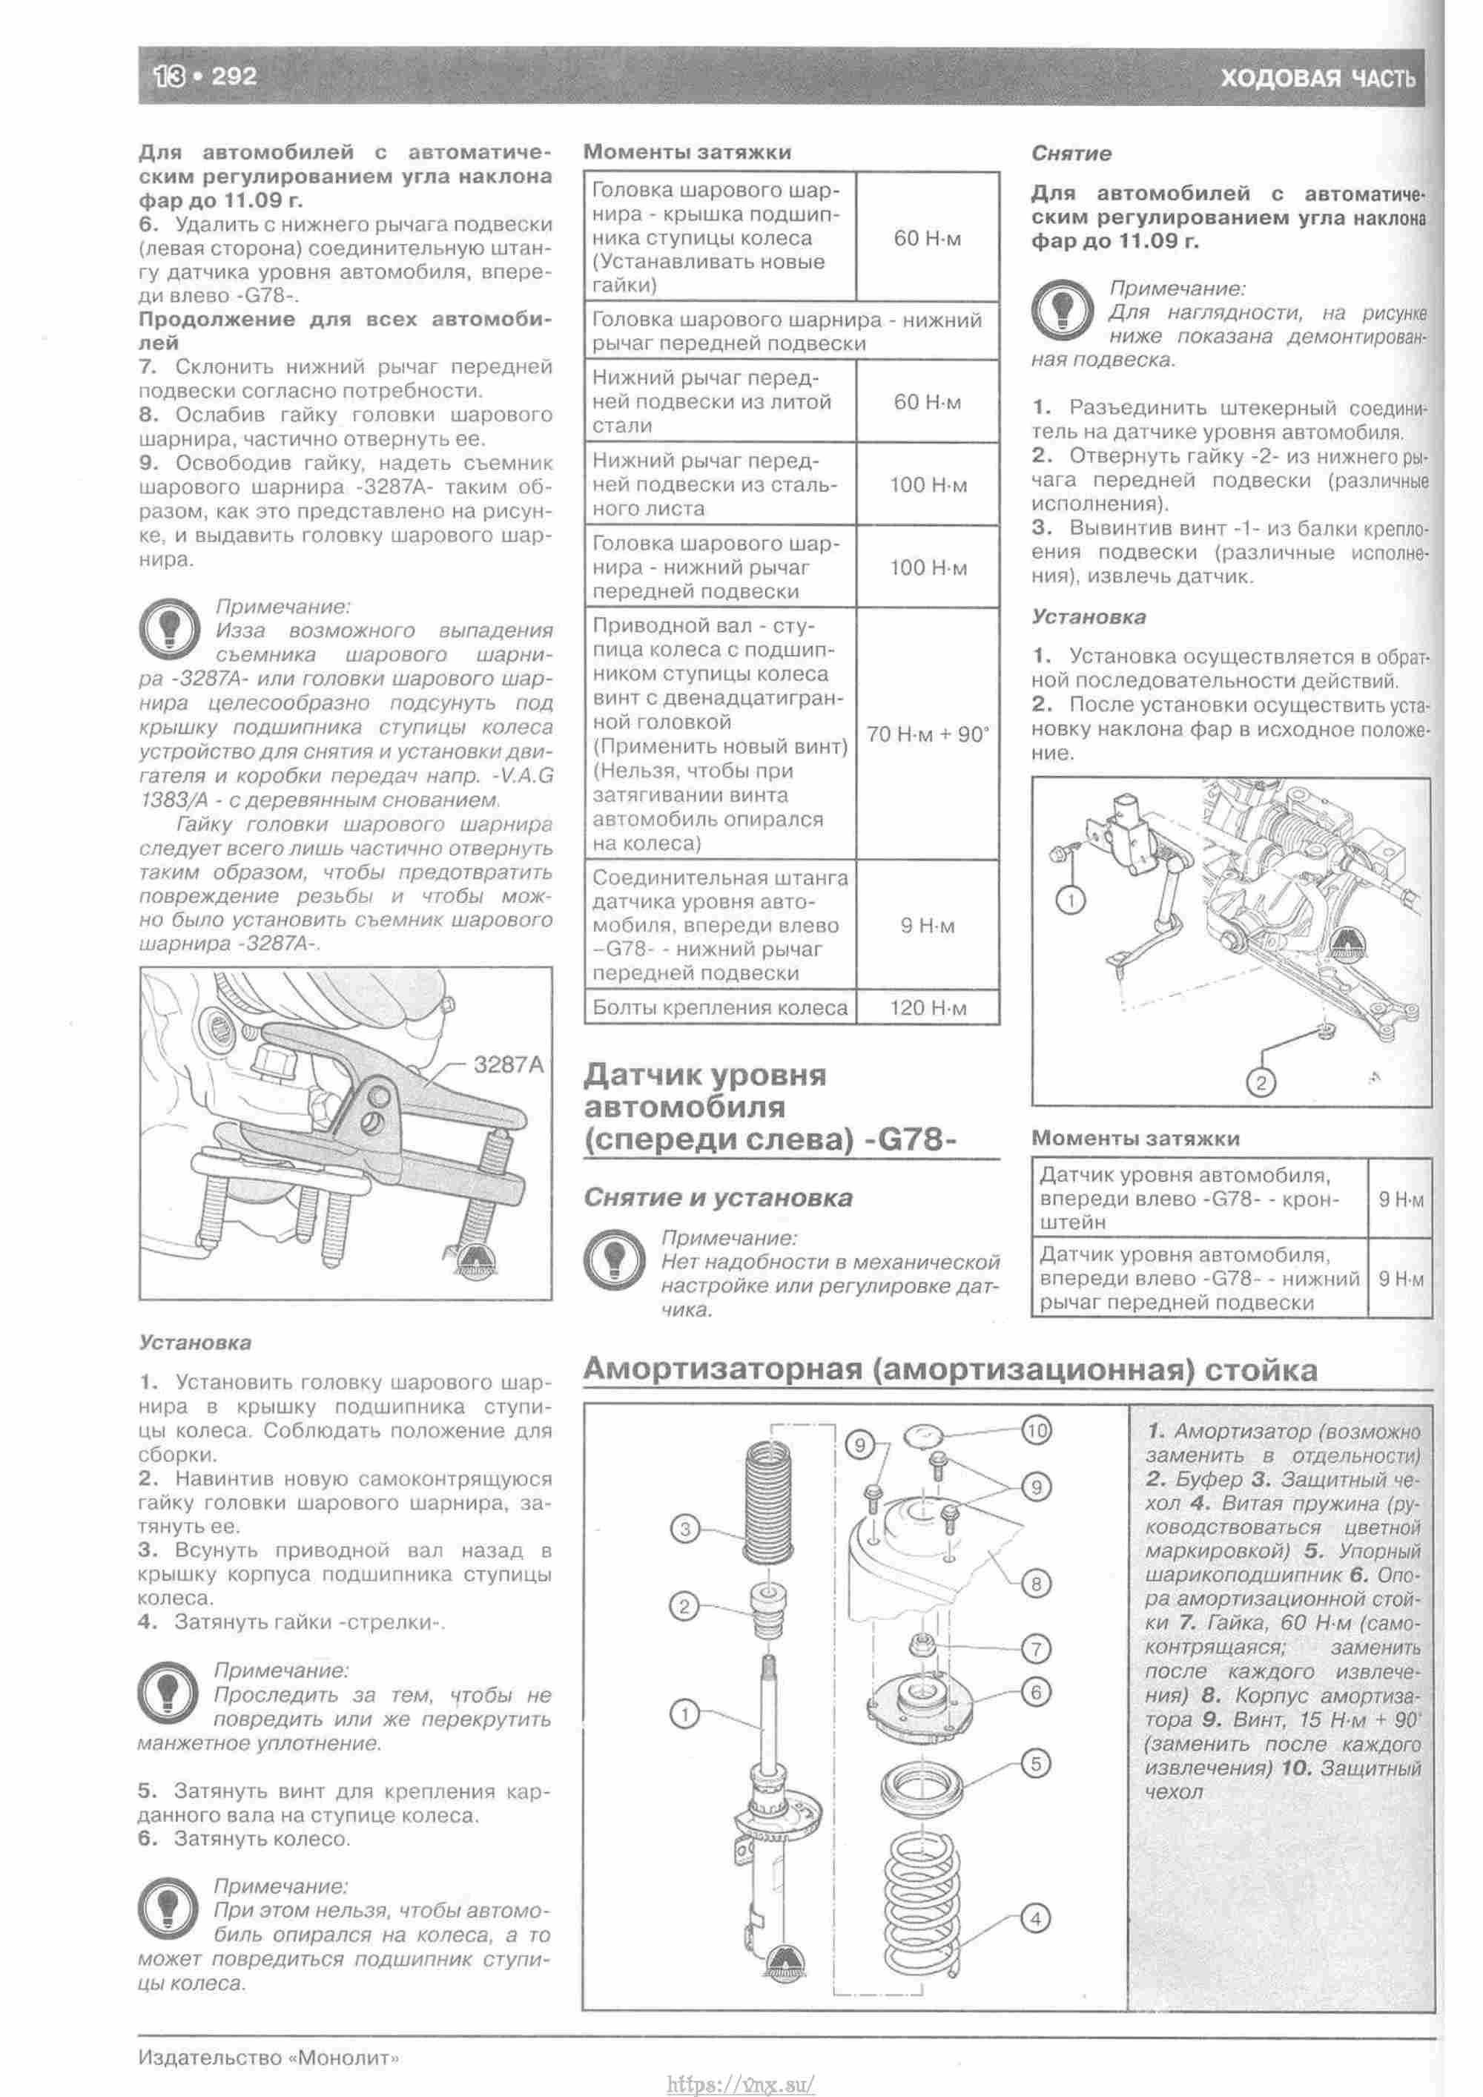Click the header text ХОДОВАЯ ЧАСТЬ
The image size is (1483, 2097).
pos(1317,79)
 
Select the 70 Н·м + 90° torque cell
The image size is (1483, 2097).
pos(927,734)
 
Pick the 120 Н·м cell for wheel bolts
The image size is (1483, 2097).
pos(927,1007)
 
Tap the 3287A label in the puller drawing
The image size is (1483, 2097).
pos(508,1064)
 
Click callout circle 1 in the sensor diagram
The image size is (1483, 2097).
pos(1070,901)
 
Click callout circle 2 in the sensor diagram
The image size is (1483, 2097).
pos(1261,1083)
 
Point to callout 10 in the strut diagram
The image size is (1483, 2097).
pos(1036,1429)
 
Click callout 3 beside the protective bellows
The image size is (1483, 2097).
pos(685,1528)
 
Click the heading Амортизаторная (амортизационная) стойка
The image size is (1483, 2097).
pos(950,1370)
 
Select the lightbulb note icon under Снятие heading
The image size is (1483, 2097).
pos(1063,311)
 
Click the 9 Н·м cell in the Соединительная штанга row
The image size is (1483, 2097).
pos(927,925)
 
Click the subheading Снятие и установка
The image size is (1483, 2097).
pos(718,1197)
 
